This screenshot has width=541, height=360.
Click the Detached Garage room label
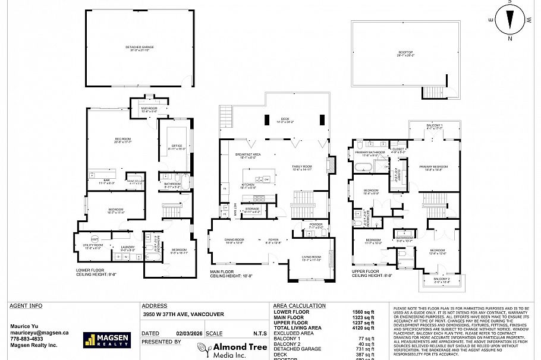[140, 47]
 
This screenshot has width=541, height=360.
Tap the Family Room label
[301, 166]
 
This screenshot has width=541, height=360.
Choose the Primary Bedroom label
[433, 167]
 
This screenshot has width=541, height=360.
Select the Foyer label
[273, 240]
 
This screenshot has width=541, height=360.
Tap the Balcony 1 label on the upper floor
[434, 125]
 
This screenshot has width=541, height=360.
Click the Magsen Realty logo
[106, 340]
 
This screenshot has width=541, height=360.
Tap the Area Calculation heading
[299, 306]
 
